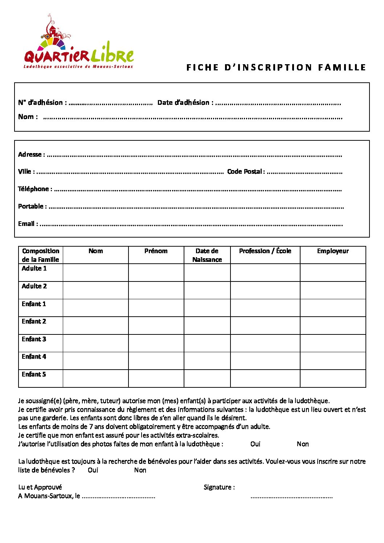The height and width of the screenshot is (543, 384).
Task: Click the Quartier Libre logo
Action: click(79, 44)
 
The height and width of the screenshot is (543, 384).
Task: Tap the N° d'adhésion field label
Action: click(42, 103)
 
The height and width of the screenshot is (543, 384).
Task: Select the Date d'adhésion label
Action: click(185, 103)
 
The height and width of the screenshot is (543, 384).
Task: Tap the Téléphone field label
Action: click(35, 189)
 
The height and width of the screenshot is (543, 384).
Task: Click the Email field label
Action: click(28, 224)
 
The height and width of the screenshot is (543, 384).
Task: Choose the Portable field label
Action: click(32, 206)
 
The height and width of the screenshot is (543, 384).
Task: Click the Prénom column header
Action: click(156, 251)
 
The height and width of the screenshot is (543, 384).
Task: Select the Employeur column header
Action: click(332, 251)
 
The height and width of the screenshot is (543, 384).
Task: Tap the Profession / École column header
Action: click(265, 251)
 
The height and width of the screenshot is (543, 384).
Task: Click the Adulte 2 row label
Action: click(34, 286)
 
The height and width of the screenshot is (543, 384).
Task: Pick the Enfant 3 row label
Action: click(34, 339)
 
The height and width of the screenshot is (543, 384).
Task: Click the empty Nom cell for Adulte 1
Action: click(95, 272)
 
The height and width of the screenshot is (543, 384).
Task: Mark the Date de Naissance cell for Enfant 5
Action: click(207, 378)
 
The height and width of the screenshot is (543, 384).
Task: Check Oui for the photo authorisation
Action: click(255, 444)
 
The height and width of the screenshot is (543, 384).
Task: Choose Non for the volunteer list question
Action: click(140, 470)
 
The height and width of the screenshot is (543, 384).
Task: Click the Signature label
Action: click(219, 487)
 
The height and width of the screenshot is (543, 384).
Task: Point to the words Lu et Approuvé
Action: click(40, 487)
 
